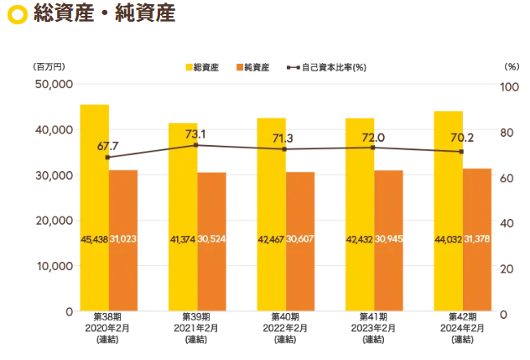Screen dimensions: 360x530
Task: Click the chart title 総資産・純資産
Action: click(105, 14)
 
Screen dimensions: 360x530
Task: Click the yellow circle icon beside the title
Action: click(16, 15)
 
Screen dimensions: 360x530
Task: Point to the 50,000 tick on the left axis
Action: click(53, 84)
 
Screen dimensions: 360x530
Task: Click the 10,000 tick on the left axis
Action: click(53, 266)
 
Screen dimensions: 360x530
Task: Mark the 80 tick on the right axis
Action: click(506, 133)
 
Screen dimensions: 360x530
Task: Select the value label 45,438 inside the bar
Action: click(95, 240)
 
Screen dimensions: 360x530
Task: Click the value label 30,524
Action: click(211, 240)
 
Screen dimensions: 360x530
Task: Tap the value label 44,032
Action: click(449, 240)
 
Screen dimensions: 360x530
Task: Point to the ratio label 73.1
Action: click(195, 133)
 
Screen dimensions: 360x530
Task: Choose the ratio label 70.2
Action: click(461, 139)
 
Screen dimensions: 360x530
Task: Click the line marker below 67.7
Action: click(108, 157)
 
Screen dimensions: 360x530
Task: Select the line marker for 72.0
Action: click(373, 148)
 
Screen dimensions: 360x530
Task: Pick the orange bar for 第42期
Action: click(477, 239)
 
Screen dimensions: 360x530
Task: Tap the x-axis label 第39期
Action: click(195, 317)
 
